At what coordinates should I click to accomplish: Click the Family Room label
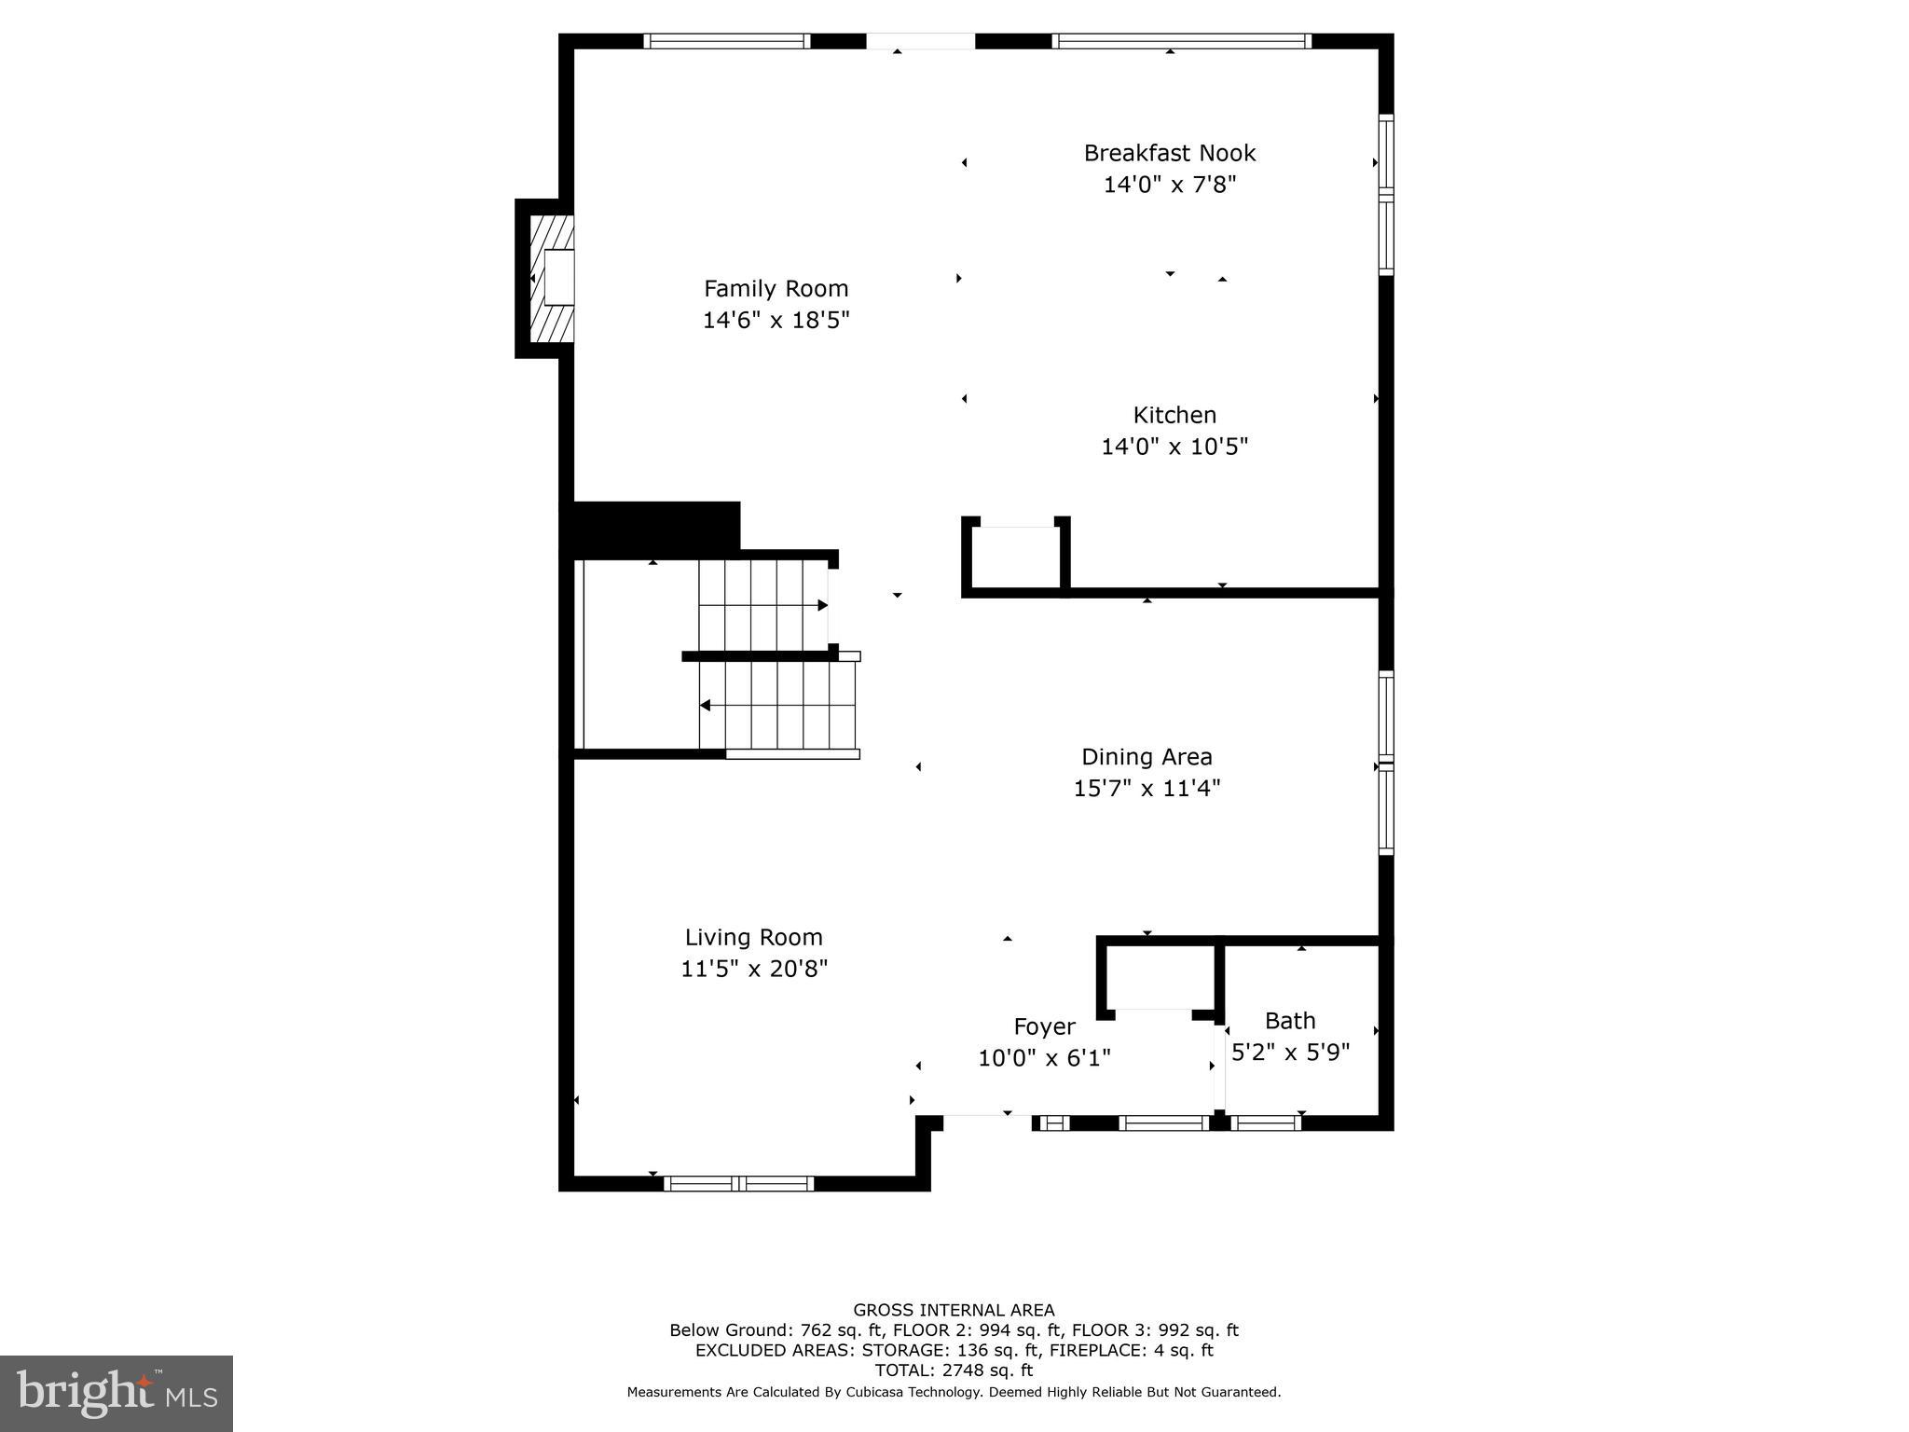click(x=776, y=288)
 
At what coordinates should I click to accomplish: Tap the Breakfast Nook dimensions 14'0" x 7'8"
click(x=1169, y=185)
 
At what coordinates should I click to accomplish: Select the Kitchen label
click(x=1174, y=415)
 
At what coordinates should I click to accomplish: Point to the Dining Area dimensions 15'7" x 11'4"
click(x=1146, y=789)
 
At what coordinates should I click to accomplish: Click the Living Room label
click(x=753, y=937)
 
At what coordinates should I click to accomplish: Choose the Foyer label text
click(x=1044, y=1026)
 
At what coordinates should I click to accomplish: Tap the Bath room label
click(x=1289, y=1021)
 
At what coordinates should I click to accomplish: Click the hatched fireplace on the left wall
click(x=550, y=278)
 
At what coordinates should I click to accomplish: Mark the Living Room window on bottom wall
click(x=738, y=1184)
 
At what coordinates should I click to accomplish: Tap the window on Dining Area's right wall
click(x=1386, y=762)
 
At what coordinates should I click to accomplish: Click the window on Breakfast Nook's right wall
click(x=1386, y=194)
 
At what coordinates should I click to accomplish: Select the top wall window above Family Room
click(x=727, y=41)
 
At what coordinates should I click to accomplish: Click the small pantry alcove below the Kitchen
click(x=1016, y=558)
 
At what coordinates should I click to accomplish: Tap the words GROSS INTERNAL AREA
click(x=954, y=1310)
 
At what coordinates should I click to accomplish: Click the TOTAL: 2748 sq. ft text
click(x=954, y=1370)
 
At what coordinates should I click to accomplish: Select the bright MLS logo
click(x=117, y=1394)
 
